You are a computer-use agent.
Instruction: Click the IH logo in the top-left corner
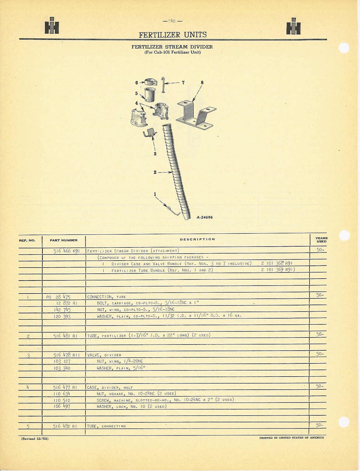click(52, 25)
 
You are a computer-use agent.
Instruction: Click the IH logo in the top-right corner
click(293, 26)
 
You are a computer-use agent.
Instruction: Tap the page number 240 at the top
click(172, 21)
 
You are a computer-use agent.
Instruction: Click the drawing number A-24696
click(205, 217)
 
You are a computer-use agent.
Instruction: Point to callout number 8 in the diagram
click(202, 82)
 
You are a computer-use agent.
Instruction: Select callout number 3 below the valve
click(155, 154)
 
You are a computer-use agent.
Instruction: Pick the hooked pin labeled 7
click(163, 85)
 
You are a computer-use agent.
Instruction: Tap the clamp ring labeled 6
click(151, 82)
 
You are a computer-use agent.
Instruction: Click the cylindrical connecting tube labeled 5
click(149, 95)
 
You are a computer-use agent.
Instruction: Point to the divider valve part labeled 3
click(150, 133)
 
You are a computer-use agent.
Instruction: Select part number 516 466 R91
click(67, 251)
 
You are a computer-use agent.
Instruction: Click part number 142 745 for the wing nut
click(62, 310)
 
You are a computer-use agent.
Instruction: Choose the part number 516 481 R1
click(65, 336)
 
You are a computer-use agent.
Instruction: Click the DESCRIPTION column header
click(198, 239)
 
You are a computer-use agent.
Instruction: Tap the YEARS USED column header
click(321, 240)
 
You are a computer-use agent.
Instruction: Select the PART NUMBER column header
click(64, 240)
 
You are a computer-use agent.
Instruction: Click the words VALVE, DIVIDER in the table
click(104, 355)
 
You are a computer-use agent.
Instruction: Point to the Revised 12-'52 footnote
click(35, 439)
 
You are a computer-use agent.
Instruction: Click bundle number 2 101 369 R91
click(278, 270)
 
